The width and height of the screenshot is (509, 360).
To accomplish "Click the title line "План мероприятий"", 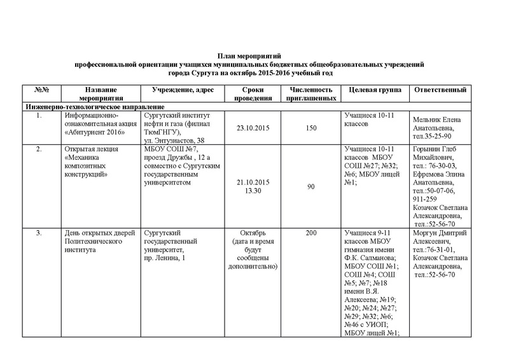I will click(254, 57).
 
